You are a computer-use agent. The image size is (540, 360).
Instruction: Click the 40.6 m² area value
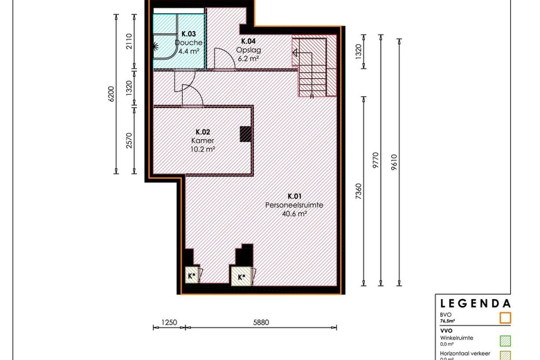(294, 214)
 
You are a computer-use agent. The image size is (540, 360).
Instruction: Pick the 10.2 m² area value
(203, 148)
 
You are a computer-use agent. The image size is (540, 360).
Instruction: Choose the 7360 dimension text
(358, 191)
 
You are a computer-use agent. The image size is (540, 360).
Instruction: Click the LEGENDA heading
(475, 303)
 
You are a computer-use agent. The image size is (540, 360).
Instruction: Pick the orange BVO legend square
(505, 318)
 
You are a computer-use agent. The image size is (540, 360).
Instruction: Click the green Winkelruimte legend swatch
(505, 341)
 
